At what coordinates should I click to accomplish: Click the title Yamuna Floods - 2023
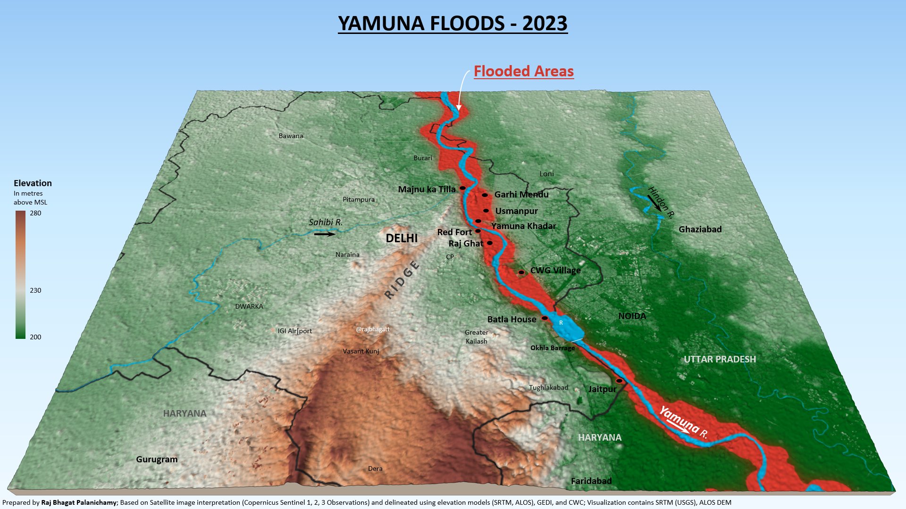click(x=453, y=24)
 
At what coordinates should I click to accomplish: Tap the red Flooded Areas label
click(x=523, y=71)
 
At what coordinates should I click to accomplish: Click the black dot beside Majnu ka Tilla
click(x=463, y=188)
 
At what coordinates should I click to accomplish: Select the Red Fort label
click(x=454, y=232)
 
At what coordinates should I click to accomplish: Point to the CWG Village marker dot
click(x=521, y=272)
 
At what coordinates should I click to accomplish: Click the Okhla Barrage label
click(x=553, y=348)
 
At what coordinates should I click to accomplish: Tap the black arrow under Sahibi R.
click(x=325, y=234)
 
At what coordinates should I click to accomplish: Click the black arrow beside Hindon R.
click(x=654, y=203)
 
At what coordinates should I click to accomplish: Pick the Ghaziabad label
click(x=700, y=230)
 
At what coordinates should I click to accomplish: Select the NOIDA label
click(x=632, y=316)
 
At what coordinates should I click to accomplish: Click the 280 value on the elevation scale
click(x=35, y=213)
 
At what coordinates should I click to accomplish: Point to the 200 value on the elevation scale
click(x=35, y=337)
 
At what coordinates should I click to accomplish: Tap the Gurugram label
click(x=157, y=460)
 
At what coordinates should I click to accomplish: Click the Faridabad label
click(x=591, y=481)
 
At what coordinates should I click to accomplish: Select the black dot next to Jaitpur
click(x=619, y=381)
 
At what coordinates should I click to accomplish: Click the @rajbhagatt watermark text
click(x=373, y=329)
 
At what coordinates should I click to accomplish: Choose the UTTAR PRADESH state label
click(x=720, y=359)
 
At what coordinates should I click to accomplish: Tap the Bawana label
click(x=291, y=136)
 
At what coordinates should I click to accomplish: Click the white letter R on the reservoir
click(x=561, y=323)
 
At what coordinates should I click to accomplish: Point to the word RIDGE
click(x=402, y=280)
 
